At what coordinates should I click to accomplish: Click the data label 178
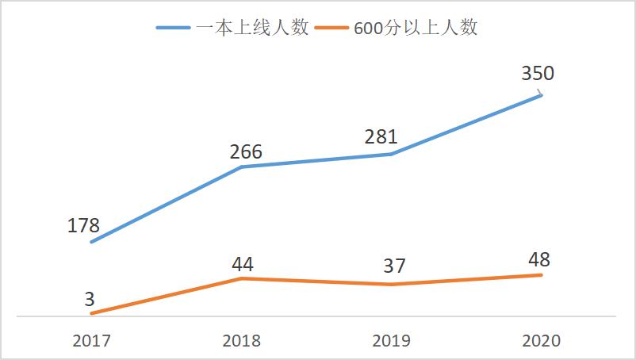[84, 225]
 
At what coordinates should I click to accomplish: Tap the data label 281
[381, 137]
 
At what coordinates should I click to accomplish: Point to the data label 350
[538, 74]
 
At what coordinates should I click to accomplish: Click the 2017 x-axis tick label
[92, 341]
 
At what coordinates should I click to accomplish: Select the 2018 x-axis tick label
[241, 341]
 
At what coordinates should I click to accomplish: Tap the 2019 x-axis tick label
[392, 341]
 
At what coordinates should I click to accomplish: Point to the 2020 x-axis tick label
[542, 341]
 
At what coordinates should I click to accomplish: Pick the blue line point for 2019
[392, 154]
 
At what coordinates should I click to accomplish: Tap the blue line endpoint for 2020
[542, 94]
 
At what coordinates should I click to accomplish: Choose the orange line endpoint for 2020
[542, 275]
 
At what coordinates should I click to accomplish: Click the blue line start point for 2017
[92, 242]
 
